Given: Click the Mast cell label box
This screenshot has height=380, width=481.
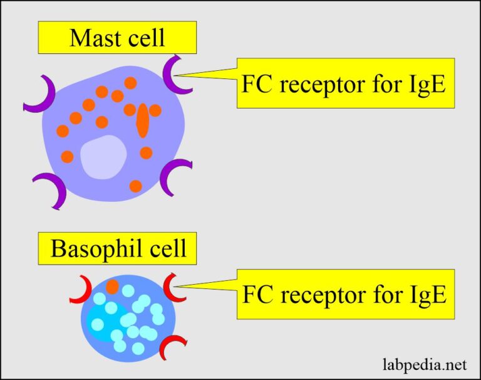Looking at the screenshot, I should tap(117, 38).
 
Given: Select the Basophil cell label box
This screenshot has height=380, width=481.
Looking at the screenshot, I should tap(117, 248).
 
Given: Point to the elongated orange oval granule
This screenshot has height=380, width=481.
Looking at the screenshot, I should tap(142, 120).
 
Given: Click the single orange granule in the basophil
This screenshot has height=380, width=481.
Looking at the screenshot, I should tap(112, 287).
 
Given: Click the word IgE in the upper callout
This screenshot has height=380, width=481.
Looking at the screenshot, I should tap(425, 83).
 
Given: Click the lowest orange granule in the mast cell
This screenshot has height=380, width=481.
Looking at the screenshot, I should tap(136, 186).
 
